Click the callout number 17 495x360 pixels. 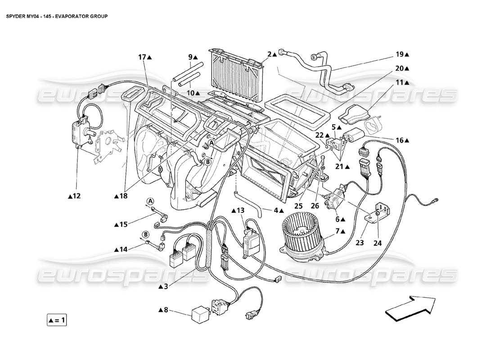pyautogui.click(x=142, y=57)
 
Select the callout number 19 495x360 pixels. pyautogui.click(x=400, y=54)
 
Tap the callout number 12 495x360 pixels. pyautogui.click(x=77, y=196)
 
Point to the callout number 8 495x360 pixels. pyautogui.click(x=166, y=310)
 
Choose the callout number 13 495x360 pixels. pyautogui.click(x=241, y=210)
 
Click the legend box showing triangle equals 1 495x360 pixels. pyautogui.click(x=57, y=320)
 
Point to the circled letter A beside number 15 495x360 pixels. pyautogui.click(x=150, y=201)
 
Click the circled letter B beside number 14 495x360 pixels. pyautogui.click(x=146, y=234)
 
